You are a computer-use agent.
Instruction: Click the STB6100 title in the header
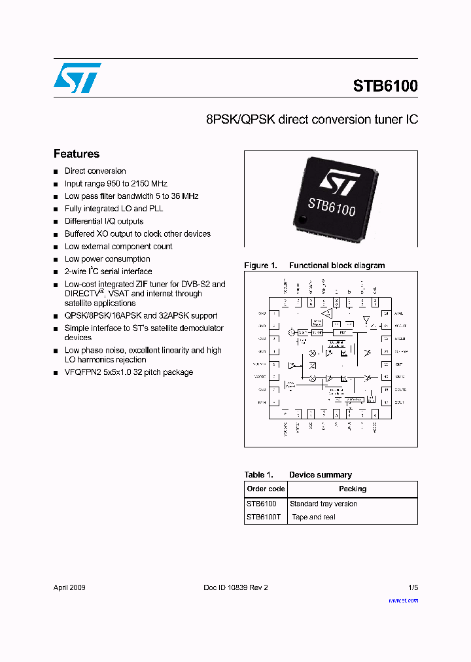(x=385, y=86)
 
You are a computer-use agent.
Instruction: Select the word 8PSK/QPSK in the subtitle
(x=240, y=120)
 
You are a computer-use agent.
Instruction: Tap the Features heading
(x=77, y=154)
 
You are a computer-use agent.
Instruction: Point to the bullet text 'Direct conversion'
(x=95, y=171)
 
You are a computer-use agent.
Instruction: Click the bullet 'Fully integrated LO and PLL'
(x=114, y=209)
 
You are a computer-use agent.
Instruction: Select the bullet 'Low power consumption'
(x=107, y=259)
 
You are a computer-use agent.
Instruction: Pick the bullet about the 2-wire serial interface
(x=108, y=271)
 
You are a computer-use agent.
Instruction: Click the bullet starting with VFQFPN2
(x=128, y=372)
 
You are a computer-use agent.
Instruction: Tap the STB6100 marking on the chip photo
(x=332, y=205)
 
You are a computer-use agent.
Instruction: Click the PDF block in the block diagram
(x=343, y=332)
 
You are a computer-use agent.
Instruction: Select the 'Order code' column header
(x=266, y=489)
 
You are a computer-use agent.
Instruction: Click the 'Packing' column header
(x=353, y=489)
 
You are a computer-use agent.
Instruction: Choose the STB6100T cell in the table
(x=263, y=517)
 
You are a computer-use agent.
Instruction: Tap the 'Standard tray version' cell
(x=323, y=504)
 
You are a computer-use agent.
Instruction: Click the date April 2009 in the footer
(x=69, y=587)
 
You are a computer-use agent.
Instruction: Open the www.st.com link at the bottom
(x=403, y=600)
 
